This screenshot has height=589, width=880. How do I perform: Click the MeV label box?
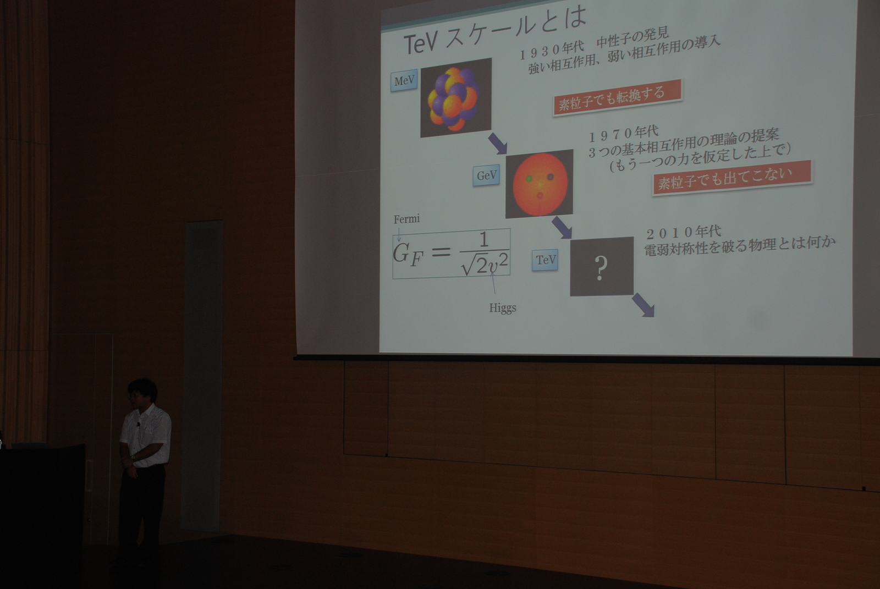pos(404,80)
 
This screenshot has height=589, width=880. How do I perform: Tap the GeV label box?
pos(486,175)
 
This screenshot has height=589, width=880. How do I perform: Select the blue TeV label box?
pos(545,260)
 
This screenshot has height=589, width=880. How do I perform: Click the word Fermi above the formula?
pos(406,219)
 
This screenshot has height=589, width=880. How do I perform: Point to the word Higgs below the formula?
pos(503,307)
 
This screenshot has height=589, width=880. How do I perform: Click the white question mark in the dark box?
pos(600,268)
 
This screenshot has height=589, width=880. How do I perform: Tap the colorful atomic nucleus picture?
pos(456,98)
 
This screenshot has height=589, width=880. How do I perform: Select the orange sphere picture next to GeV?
pos(540,184)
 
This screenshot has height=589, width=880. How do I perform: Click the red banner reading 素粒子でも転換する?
pos(617,97)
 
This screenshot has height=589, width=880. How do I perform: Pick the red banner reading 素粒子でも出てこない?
pos(732,178)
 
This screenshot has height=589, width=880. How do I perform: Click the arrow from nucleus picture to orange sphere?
pos(498,144)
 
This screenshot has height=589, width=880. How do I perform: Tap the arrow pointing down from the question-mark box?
pos(643,305)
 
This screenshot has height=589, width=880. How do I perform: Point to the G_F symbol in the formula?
pos(408,254)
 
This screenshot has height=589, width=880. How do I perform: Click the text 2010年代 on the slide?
pos(684,233)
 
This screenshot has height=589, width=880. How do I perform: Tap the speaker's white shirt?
pos(145,436)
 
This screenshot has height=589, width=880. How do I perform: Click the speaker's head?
pos(142,393)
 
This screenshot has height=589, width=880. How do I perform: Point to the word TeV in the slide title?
pos(421,43)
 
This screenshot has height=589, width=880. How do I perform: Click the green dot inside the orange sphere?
pos(529,178)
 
